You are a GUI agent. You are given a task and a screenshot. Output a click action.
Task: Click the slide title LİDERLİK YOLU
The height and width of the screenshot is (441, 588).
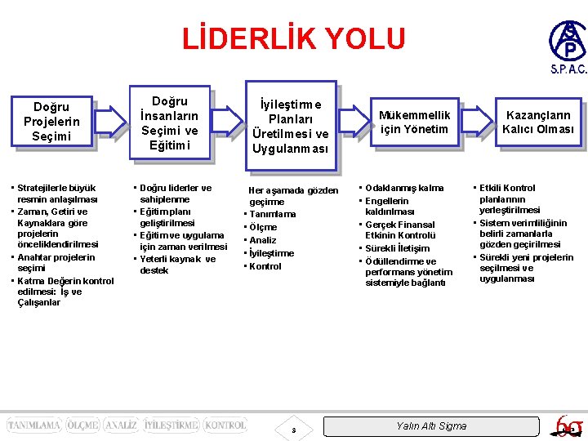click(x=293, y=38)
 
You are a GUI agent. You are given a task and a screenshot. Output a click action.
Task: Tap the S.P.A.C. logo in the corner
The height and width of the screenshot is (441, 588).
click(x=567, y=47)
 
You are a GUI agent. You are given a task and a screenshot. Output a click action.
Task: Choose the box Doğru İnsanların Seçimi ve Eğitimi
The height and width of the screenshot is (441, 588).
click(x=169, y=123)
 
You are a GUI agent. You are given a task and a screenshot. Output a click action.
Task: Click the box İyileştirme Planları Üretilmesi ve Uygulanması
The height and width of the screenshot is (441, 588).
click(x=291, y=127)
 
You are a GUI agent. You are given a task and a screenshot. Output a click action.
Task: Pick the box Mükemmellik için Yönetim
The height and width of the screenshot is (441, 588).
click(x=413, y=122)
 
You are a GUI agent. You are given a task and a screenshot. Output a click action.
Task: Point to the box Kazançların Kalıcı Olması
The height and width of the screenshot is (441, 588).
click(x=538, y=122)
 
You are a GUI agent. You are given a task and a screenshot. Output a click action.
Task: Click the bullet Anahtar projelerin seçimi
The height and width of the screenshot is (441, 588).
click(x=56, y=262)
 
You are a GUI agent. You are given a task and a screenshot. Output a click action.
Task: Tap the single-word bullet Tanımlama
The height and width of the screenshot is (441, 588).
click(x=273, y=214)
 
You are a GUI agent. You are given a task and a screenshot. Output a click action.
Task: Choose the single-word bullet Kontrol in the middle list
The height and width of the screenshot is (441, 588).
click(x=265, y=266)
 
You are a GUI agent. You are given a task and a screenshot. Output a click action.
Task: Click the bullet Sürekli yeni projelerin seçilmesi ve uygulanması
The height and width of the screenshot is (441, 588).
click(x=526, y=268)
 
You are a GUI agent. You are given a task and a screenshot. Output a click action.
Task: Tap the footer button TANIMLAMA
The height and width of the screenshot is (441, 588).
click(x=33, y=425)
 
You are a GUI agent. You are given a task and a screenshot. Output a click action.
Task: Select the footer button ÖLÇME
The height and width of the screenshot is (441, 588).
click(x=82, y=425)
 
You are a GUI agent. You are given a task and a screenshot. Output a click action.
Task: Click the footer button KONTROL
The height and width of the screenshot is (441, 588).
click(x=225, y=425)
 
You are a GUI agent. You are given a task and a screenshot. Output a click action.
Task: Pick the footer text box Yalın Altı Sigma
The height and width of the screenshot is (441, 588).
click(x=430, y=425)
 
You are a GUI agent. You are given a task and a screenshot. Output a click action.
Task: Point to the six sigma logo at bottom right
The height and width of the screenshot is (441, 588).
click(x=565, y=425)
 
